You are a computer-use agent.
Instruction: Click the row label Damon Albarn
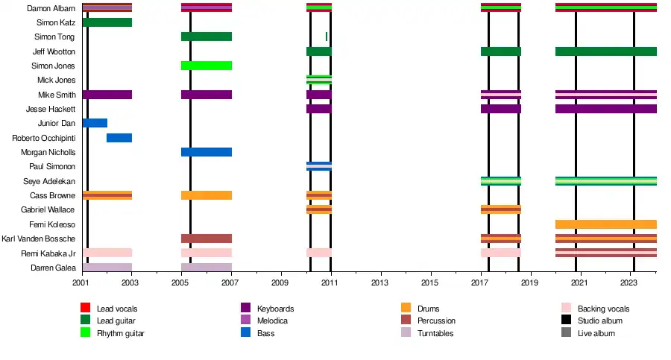[50, 8]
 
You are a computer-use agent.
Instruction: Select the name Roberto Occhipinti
[43, 138]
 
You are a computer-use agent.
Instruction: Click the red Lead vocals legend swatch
[86, 309]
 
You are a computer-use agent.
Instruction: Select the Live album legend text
[596, 333]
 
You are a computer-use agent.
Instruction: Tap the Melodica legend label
[272, 321]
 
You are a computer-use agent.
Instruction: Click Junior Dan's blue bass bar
[95, 123]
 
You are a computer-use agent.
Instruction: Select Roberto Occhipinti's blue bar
[119, 138]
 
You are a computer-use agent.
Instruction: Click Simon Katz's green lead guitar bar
[107, 22]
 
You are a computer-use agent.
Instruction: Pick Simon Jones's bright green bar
[207, 66]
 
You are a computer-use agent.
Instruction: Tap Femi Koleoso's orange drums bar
[605, 224]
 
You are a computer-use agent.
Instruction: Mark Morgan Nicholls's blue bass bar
[207, 152]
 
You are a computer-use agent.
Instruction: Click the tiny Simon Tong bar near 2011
[327, 37]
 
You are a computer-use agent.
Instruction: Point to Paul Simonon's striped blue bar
[318, 166]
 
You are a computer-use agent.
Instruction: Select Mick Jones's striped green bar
[318, 80]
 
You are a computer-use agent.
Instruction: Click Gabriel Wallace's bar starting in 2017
[500, 209]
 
